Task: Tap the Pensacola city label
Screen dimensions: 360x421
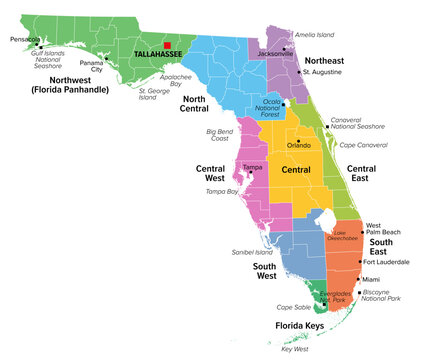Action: [26, 40]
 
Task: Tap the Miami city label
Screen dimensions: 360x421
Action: [371, 279]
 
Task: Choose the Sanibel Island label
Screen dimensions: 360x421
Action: [251, 252]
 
